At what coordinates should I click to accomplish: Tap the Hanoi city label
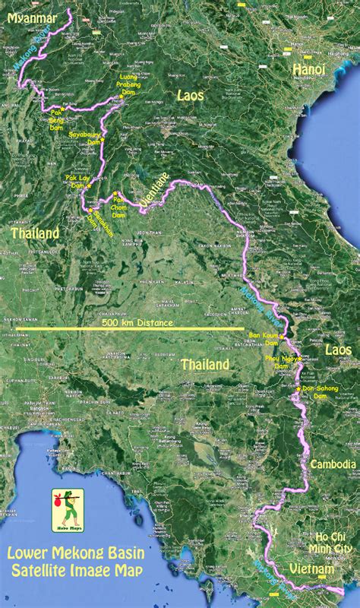[309, 69]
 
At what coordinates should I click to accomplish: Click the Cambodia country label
[333, 464]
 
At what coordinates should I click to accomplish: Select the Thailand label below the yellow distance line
[205, 365]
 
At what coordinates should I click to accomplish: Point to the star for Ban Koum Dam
[282, 336]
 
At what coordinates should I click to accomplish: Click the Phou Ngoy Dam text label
[281, 362]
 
